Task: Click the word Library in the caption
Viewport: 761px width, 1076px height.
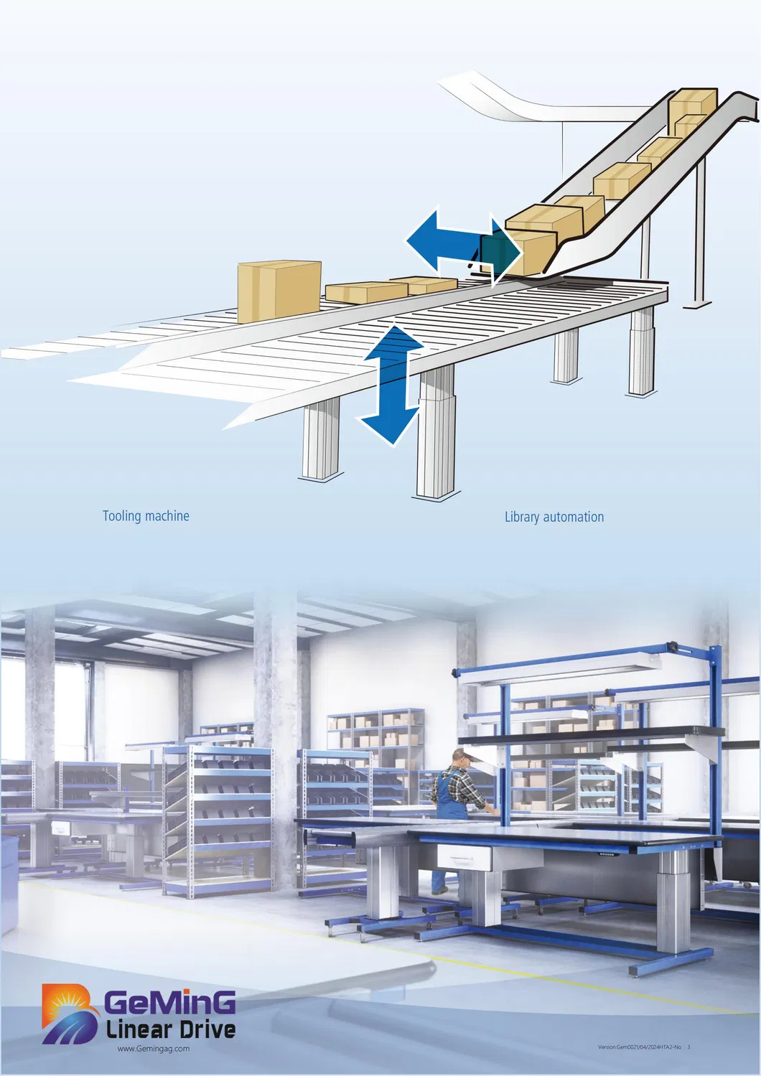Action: coord(521,517)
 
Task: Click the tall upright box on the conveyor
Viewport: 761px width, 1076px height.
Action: coord(279,291)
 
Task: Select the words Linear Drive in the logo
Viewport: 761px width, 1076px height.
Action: coord(171,1029)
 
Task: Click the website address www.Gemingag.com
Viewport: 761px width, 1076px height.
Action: coord(154,1049)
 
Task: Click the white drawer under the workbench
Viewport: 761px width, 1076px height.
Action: coord(463,856)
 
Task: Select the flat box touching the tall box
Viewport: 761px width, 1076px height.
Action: coord(366,291)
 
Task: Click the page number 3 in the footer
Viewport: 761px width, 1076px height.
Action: coord(688,1047)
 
